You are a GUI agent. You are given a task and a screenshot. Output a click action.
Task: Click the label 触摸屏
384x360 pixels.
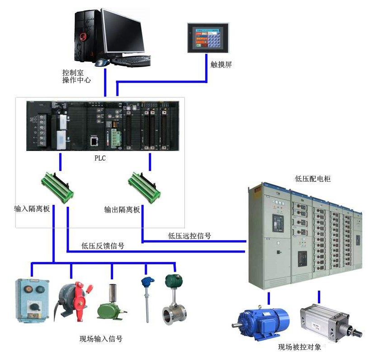(x=221, y=64)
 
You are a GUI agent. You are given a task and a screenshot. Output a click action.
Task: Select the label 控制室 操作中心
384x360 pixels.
(x=77, y=76)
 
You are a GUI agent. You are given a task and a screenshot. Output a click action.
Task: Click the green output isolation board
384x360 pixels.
(x=144, y=186)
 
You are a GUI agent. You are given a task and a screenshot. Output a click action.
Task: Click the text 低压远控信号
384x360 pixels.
(x=189, y=235)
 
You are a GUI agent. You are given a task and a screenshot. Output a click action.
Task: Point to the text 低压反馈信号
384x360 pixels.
(x=103, y=246)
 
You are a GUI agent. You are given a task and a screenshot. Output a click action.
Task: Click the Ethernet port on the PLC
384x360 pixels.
(x=94, y=141)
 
